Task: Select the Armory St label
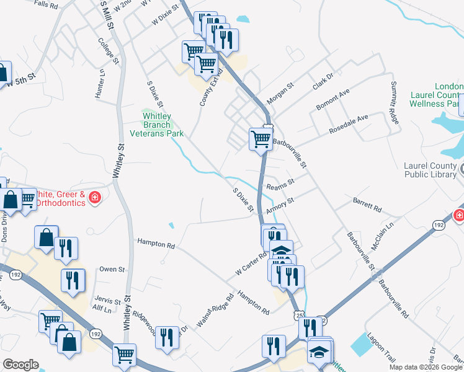pyautogui.click(x=279, y=205)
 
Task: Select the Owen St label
pyautogui.click(x=112, y=270)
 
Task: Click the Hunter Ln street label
pyautogui.click(x=102, y=83)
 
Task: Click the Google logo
pyautogui.click(x=20, y=365)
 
